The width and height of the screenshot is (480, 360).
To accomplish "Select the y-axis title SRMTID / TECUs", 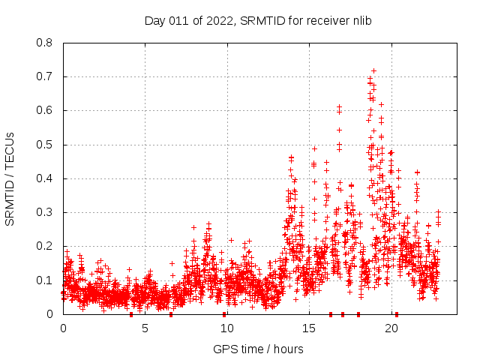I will click(10, 178).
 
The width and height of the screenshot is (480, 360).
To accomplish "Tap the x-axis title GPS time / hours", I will click(257, 349).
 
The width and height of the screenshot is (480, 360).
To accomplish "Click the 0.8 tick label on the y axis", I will click(47, 43).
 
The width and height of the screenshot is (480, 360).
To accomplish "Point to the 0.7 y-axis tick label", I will click(47, 76).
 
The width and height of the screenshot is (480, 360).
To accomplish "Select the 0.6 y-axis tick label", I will click(47, 110).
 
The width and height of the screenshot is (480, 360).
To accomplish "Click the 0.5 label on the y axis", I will click(47, 145).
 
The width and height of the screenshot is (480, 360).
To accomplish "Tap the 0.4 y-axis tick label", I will click(47, 178).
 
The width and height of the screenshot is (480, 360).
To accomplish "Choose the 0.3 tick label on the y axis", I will click(47, 212).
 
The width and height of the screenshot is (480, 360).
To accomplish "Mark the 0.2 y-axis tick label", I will click(47, 246).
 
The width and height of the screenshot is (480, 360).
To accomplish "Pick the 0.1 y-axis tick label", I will click(47, 280).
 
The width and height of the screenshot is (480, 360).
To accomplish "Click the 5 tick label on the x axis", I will click(145, 328).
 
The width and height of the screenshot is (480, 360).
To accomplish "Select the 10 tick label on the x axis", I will click(227, 328).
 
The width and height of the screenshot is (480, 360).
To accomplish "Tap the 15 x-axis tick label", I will click(309, 328).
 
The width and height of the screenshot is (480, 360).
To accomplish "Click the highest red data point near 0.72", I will click(373, 70).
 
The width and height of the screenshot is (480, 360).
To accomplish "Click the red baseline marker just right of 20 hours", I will click(397, 313).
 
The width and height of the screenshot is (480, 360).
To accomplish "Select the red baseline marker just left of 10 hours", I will click(224, 313).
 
